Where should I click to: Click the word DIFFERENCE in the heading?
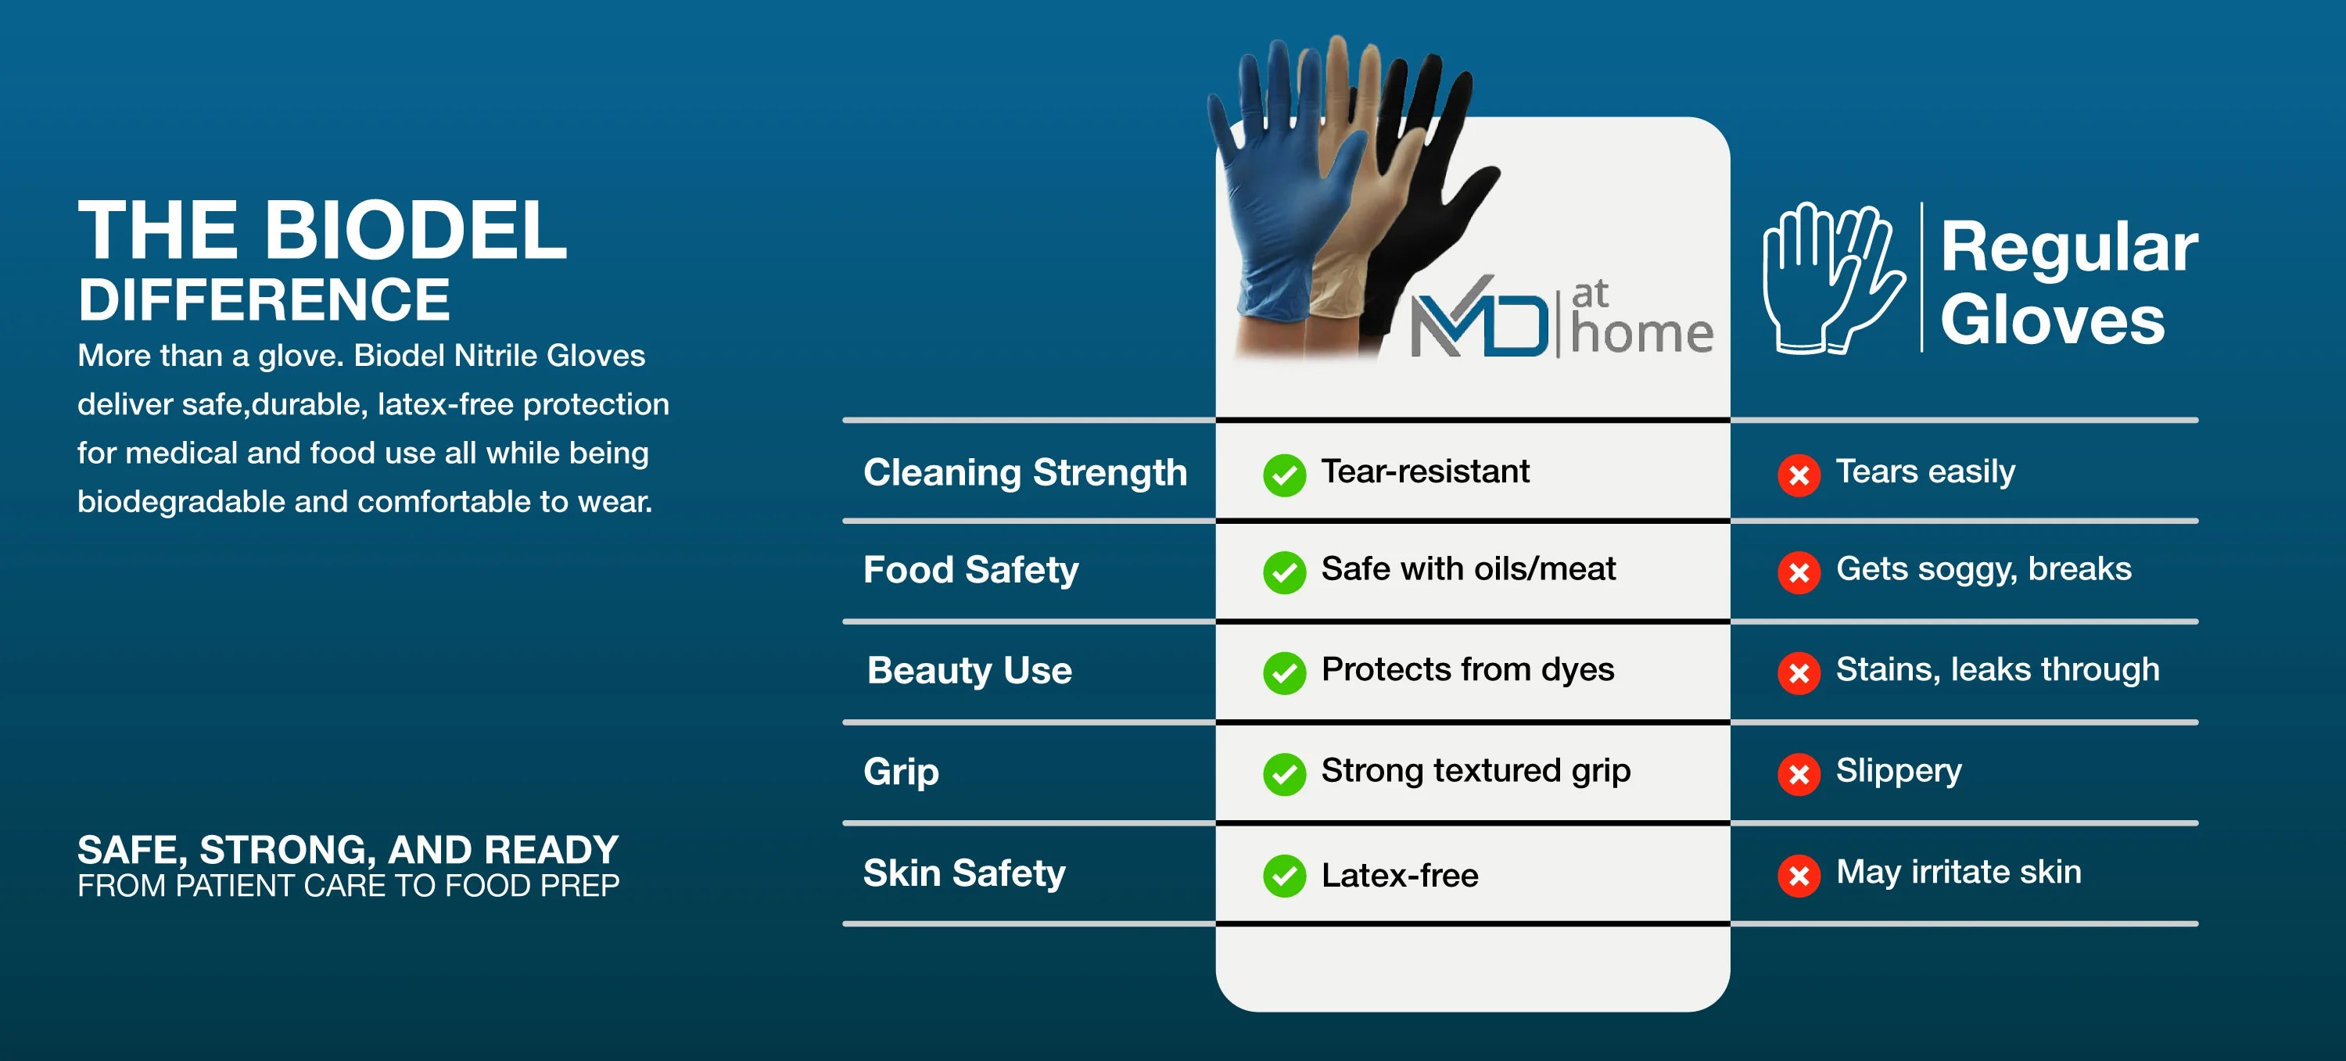tap(264, 299)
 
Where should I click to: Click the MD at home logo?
tap(1562, 317)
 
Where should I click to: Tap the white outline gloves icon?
tap(1832, 278)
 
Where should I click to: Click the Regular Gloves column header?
tap(2068, 282)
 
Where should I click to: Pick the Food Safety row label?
tap(970, 570)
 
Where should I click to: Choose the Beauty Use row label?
tap(970, 670)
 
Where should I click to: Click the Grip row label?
tap(902, 772)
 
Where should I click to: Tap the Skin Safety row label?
tap(964, 873)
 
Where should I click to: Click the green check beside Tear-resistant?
tap(1284, 475)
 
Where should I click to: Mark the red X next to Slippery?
tap(1799, 774)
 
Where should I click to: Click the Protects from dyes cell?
tap(1467, 670)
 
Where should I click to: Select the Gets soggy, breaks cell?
tap(1983, 570)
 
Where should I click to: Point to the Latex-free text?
tap(1400, 875)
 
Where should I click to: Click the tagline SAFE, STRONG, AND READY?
tap(348, 850)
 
